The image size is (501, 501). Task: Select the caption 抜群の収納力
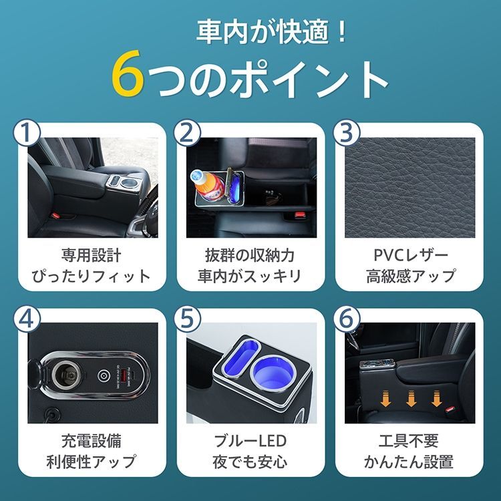(250, 255)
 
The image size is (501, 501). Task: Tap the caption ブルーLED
(250, 442)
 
